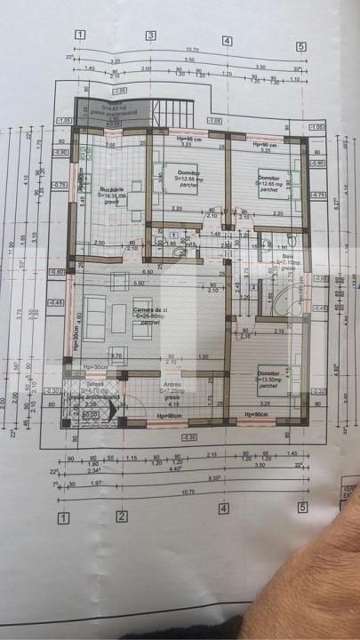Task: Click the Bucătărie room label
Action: tap(112, 191)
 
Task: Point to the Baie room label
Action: tap(284, 258)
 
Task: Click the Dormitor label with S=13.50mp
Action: tap(269, 373)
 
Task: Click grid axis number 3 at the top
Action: tap(151, 36)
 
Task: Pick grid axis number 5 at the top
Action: tap(301, 46)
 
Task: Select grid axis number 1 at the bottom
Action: tap(63, 517)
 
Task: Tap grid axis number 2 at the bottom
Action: tap(122, 516)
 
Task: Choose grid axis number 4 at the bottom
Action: tap(224, 509)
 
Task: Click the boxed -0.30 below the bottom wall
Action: tap(188, 437)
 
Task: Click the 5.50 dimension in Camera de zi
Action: tap(139, 283)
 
